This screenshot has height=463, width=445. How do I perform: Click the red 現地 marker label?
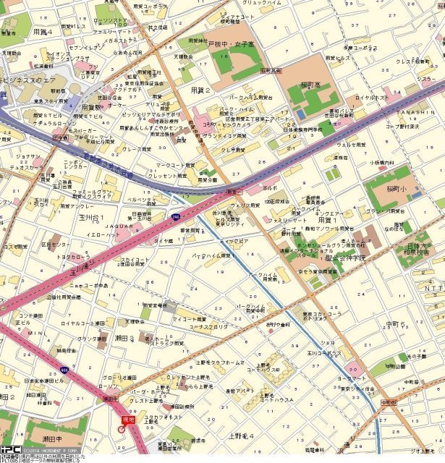pyautogui.click(x=128, y=419)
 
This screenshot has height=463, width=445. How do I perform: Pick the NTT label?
pyautogui.click(x=432, y=288)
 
